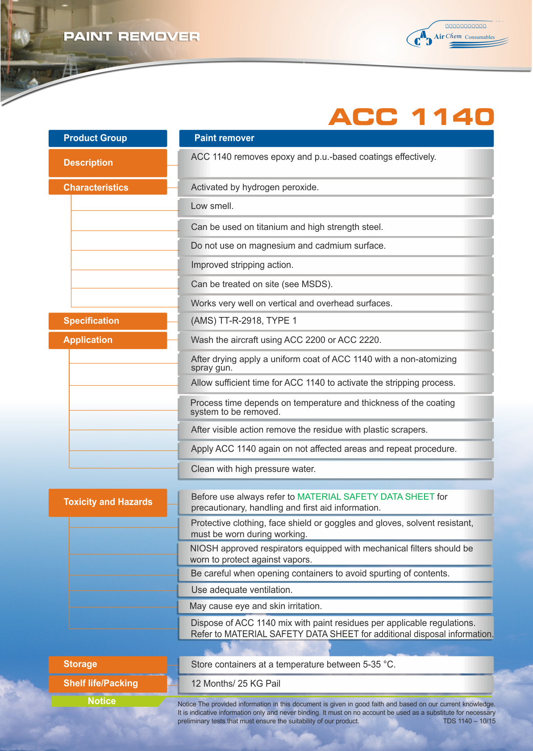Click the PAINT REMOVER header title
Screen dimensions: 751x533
click(x=132, y=37)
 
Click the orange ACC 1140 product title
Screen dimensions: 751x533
click(x=411, y=117)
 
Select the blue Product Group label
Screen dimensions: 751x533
click(x=108, y=138)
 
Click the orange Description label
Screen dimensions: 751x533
click(x=108, y=163)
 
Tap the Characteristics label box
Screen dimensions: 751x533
click(x=108, y=188)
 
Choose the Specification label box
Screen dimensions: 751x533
click(x=108, y=321)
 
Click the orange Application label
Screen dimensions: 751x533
click(x=108, y=340)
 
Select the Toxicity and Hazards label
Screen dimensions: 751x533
click(x=108, y=502)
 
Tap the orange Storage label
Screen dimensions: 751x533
click(x=108, y=664)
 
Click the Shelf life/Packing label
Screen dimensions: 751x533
click(x=108, y=684)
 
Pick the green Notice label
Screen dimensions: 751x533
click(x=102, y=701)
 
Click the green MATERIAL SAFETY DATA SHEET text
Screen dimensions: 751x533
click(x=366, y=497)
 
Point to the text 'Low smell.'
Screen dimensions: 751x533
click(x=212, y=206)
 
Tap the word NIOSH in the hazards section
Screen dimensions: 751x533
click(x=204, y=549)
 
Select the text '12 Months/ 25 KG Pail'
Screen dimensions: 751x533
click(x=236, y=684)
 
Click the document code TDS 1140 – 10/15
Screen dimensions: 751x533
click(x=469, y=721)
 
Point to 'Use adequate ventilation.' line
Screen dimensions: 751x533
click(x=242, y=590)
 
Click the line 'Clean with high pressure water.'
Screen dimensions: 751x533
click(x=253, y=469)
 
